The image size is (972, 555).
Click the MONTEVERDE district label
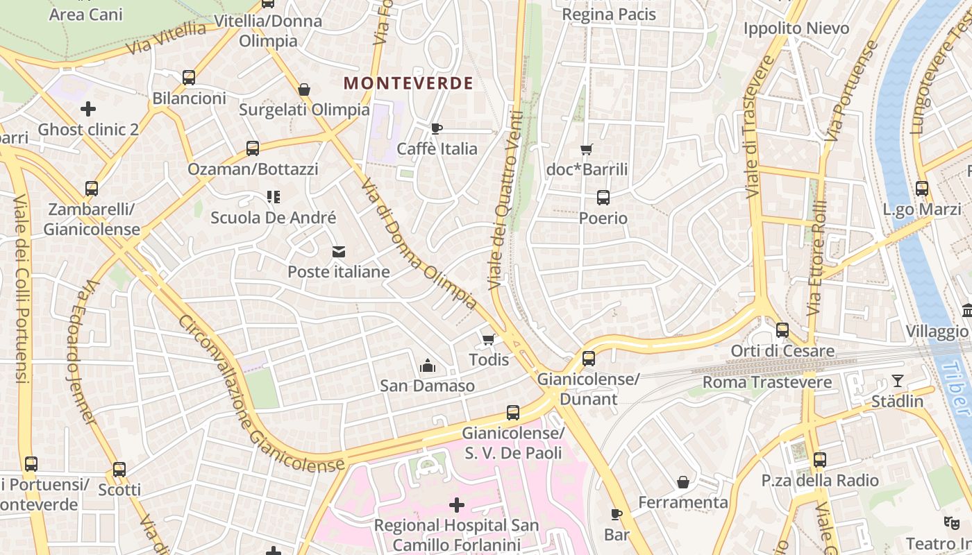pyautogui.click(x=408, y=83)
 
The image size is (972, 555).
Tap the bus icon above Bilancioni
pyautogui.click(x=189, y=78)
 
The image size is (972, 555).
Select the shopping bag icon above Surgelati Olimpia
pyautogui.click(x=304, y=89)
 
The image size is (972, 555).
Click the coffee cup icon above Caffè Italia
pyautogui.click(x=437, y=128)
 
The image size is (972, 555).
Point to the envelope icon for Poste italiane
pyautogui.click(x=339, y=251)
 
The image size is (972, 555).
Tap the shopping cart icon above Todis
pyautogui.click(x=489, y=339)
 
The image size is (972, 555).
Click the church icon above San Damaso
pyautogui.click(x=428, y=366)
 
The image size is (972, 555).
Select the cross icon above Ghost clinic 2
pyautogui.click(x=88, y=109)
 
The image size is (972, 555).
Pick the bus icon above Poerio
pyautogui.click(x=603, y=198)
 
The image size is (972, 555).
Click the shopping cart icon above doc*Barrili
pyautogui.click(x=587, y=149)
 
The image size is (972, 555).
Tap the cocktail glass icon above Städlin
pyautogui.click(x=898, y=381)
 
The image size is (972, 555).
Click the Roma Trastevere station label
pyautogui.click(x=766, y=382)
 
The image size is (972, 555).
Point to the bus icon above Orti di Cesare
pyautogui.click(x=782, y=330)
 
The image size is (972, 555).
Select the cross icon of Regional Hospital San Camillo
pyautogui.click(x=457, y=505)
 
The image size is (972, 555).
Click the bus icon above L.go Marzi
pyautogui.click(x=922, y=189)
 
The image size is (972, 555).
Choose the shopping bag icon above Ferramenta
pyautogui.click(x=683, y=482)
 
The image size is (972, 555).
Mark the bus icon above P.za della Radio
pyautogui.click(x=820, y=459)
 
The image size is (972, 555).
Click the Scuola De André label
pyautogui.click(x=273, y=218)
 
